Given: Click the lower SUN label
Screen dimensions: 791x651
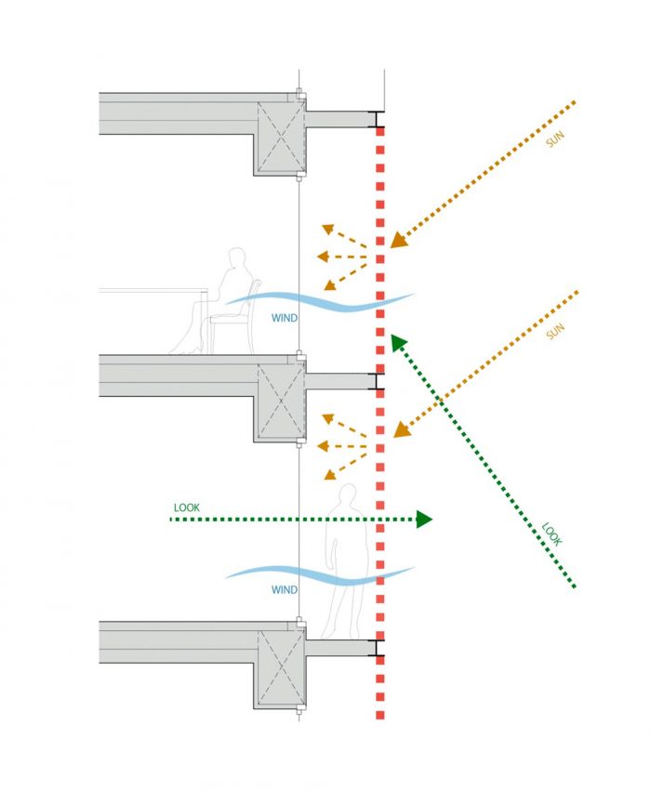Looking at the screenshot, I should click(x=556, y=331).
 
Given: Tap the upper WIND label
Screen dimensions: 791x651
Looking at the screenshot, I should click(x=285, y=319).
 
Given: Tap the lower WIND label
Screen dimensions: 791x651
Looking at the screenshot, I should click(x=285, y=590).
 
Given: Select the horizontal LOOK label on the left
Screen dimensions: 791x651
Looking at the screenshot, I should click(x=187, y=508).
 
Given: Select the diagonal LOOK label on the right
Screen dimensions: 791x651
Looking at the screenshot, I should click(x=553, y=533).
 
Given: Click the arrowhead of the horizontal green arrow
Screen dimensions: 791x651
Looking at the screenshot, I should click(x=424, y=520).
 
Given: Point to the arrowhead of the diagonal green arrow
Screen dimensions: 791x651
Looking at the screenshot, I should click(x=398, y=343).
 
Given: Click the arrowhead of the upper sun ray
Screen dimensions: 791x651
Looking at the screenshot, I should click(x=398, y=241).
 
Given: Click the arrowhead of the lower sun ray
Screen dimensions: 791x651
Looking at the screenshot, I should click(x=401, y=430).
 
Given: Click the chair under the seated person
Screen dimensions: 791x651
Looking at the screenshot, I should click(x=232, y=325).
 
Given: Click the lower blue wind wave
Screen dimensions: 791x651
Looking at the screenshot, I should click(x=316, y=574).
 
